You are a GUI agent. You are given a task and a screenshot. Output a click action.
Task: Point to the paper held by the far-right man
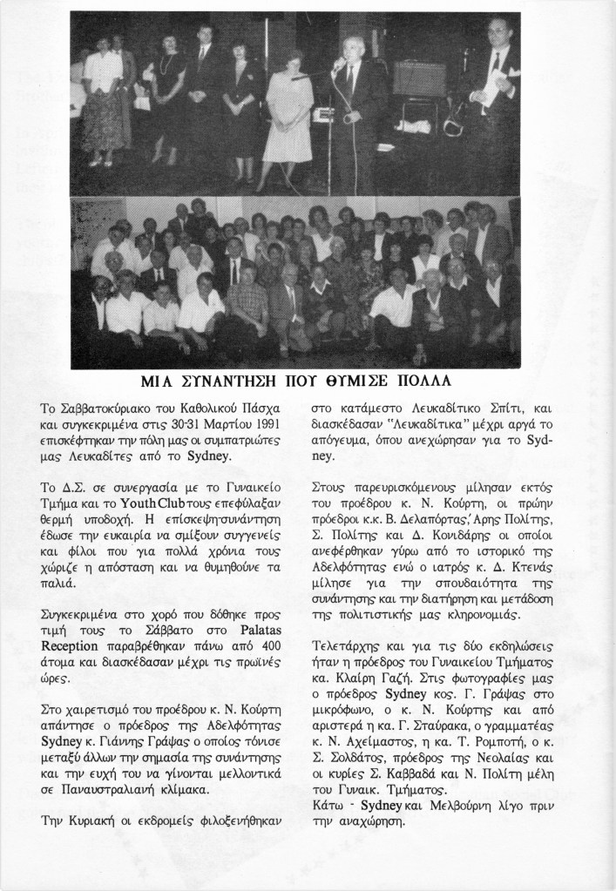coord(494,90)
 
